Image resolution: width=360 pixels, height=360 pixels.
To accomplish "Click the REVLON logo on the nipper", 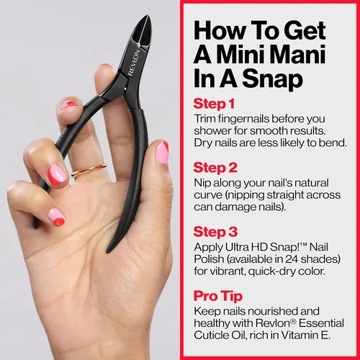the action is (134, 63).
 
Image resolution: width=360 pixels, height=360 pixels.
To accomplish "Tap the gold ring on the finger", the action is (89, 170).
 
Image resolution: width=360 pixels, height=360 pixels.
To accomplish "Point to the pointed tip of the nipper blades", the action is (148, 17).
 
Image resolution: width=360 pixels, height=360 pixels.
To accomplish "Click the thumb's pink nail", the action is (163, 153).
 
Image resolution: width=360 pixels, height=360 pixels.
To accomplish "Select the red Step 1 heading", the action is (214, 104).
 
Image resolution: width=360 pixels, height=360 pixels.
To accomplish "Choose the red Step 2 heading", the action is (215, 168).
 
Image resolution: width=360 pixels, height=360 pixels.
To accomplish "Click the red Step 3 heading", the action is (215, 232).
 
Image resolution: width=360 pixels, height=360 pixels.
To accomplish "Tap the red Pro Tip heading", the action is (218, 296).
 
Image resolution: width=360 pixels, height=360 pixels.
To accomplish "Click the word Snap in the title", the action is (272, 78).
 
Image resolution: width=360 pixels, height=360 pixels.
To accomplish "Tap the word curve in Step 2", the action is (208, 195).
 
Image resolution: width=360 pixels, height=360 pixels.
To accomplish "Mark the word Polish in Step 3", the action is (209, 259).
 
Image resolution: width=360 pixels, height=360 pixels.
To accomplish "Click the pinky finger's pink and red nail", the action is (57, 217).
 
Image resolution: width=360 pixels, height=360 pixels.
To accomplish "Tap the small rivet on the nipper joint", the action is (125, 89).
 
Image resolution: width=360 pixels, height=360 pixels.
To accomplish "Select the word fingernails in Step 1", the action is (242, 119).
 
